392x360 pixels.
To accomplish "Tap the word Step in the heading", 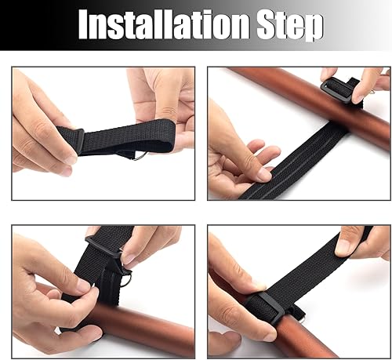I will click(289, 27).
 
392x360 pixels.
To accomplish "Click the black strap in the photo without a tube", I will click(125, 137).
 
